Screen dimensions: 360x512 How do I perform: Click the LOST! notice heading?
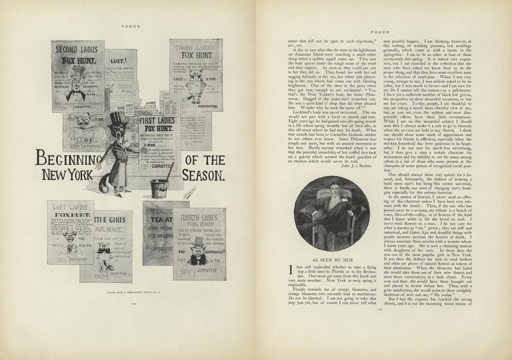coord(120,61)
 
